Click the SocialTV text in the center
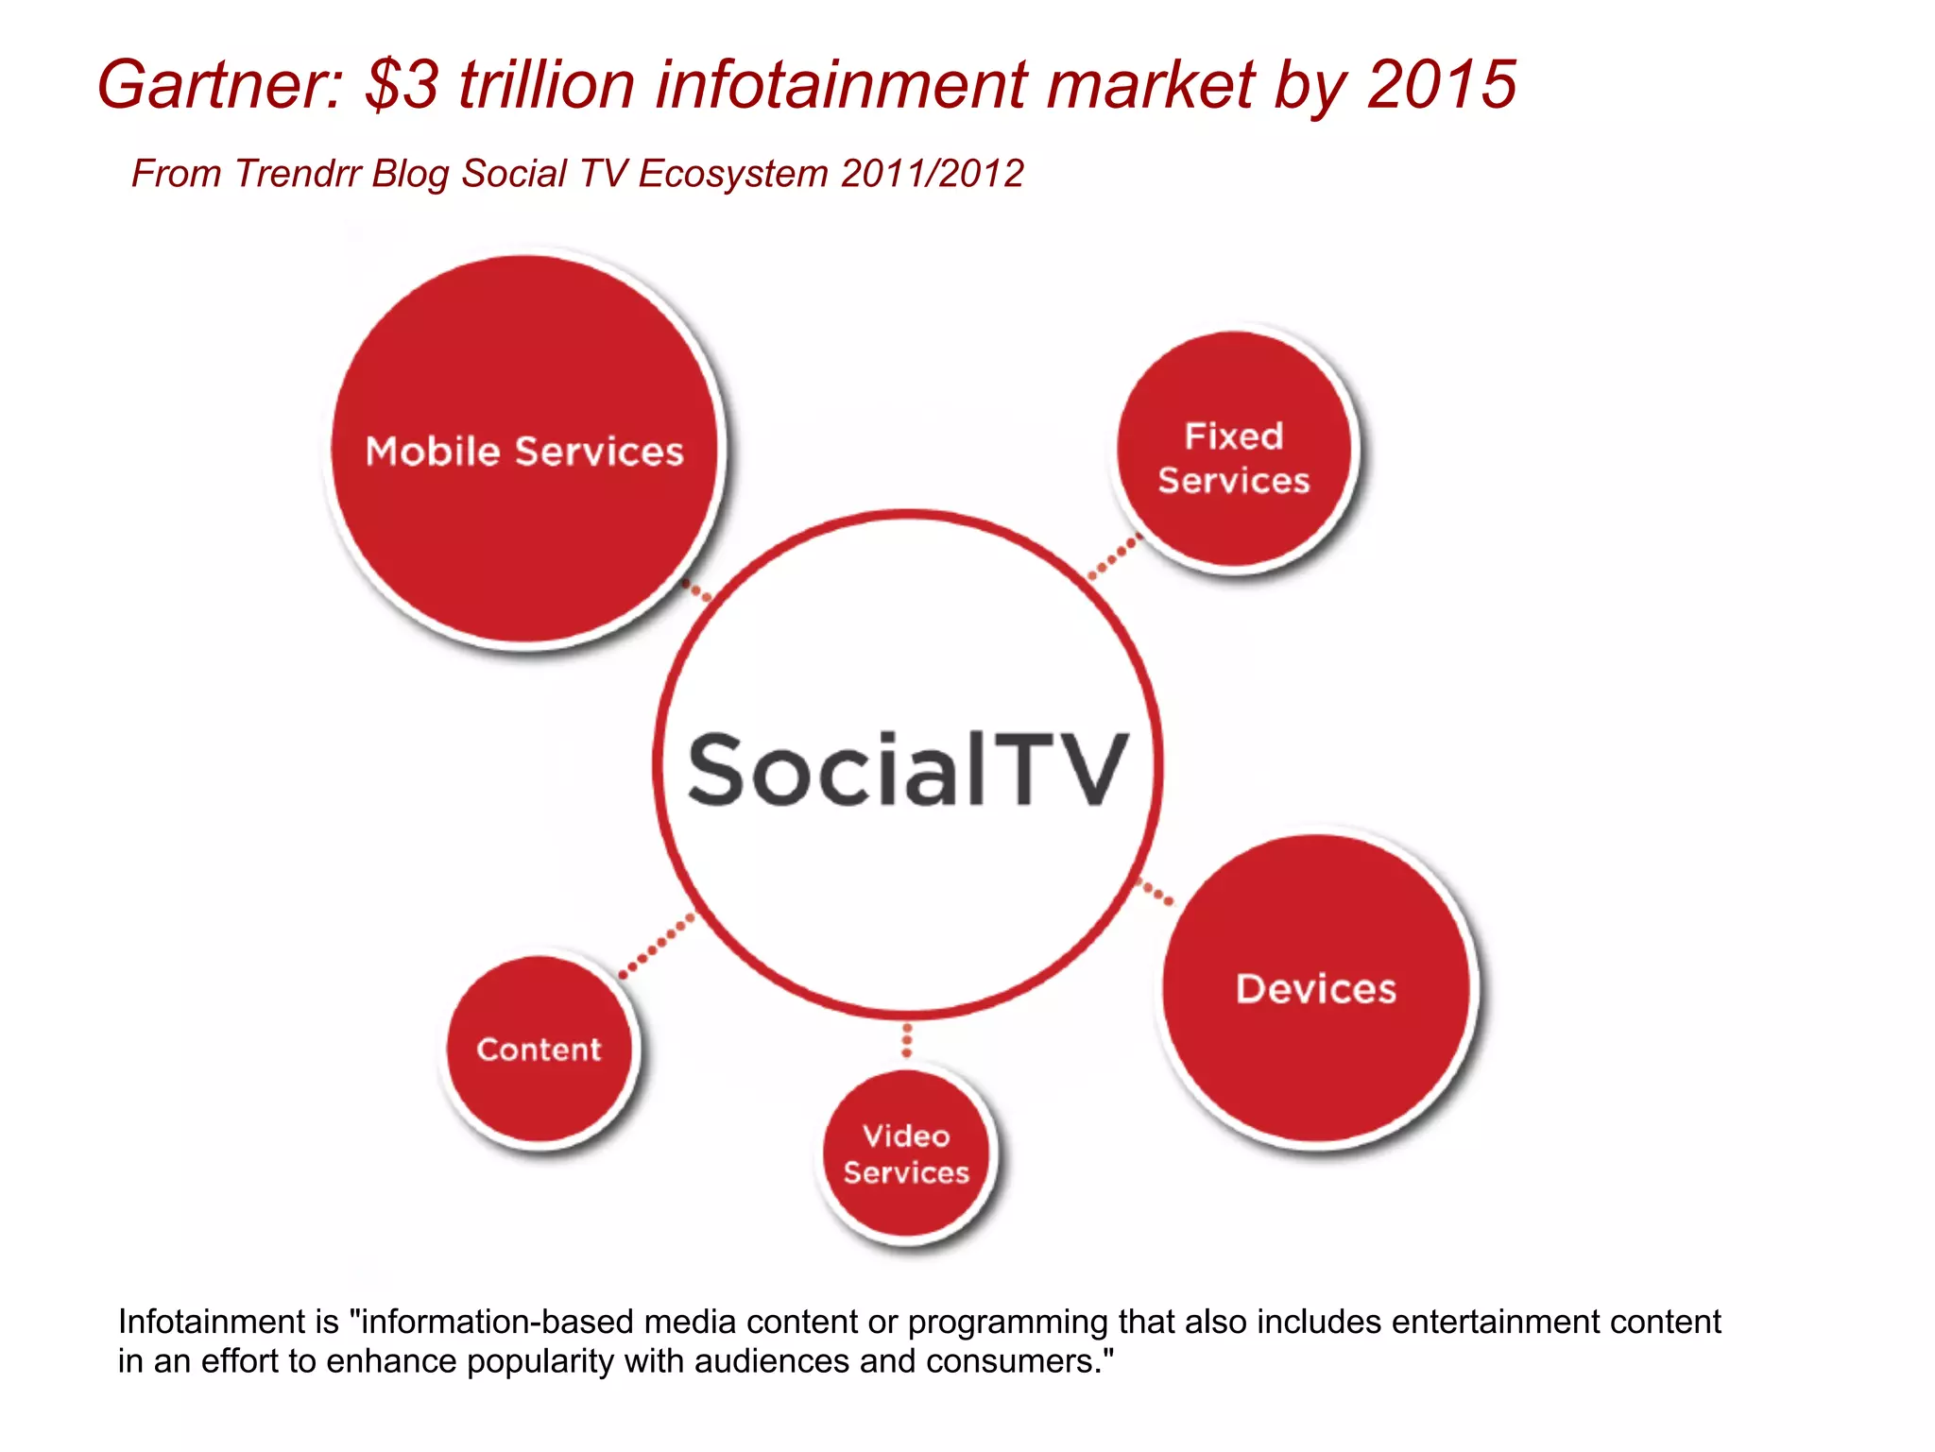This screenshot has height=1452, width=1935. [907, 770]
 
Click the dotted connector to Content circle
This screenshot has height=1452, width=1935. [658, 946]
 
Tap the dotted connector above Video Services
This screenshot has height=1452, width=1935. [907, 1039]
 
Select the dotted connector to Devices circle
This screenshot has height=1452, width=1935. [1156, 891]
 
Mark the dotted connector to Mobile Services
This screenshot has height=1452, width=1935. [697, 590]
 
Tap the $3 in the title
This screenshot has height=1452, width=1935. [402, 85]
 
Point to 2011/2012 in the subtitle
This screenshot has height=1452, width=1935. [932, 174]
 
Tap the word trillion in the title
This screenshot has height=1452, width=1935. [546, 85]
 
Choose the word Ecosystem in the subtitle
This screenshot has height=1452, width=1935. [733, 174]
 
